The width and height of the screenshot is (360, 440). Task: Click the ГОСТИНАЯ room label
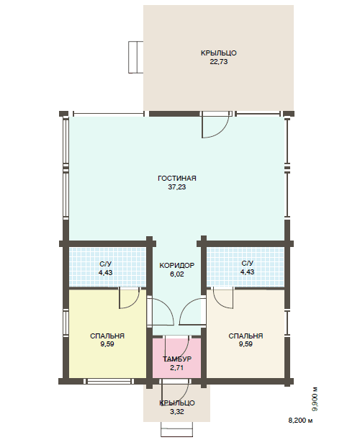click(177, 178)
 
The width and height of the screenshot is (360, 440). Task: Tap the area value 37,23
click(177, 187)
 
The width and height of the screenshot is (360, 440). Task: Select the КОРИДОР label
click(177, 265)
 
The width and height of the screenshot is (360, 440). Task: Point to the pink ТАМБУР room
click(177, 358)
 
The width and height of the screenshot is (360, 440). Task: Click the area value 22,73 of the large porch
click(219, 61)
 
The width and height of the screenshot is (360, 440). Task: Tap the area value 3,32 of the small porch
click(177, 412)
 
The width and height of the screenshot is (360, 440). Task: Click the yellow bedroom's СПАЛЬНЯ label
click(107, 336)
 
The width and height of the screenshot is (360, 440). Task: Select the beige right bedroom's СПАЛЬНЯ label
click(246, 336)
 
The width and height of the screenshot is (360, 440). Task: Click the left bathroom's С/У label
click(106, 264)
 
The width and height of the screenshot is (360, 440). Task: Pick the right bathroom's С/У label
click(247, 264)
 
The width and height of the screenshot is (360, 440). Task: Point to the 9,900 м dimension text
click(315, 399)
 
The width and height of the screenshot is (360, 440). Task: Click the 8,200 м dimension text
click(300, 421)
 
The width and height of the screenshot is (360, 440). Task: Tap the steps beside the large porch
click(136, 57)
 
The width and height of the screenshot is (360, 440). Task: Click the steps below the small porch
click(177, 429)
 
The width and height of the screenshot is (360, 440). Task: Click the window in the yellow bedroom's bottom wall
click(109, 381)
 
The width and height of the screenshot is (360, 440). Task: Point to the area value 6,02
click(177, 274)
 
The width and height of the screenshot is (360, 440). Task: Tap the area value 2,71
click(177, 367)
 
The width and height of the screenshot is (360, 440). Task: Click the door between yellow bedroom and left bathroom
click(130, 298)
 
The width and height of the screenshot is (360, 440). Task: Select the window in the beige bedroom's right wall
click(287, 323)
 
